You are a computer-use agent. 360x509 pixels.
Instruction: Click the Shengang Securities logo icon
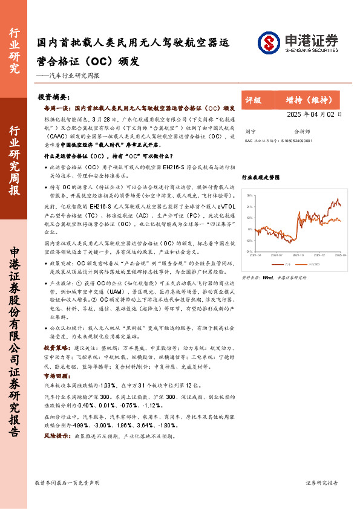tap(269, 42)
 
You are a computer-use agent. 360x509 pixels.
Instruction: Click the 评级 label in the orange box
tap(254, 100)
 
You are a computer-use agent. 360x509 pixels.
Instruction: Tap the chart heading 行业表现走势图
tap(261, 178)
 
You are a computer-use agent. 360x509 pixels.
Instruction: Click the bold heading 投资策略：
tap(58, 349)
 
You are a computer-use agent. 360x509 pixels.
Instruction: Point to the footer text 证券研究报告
tap(321, 482)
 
